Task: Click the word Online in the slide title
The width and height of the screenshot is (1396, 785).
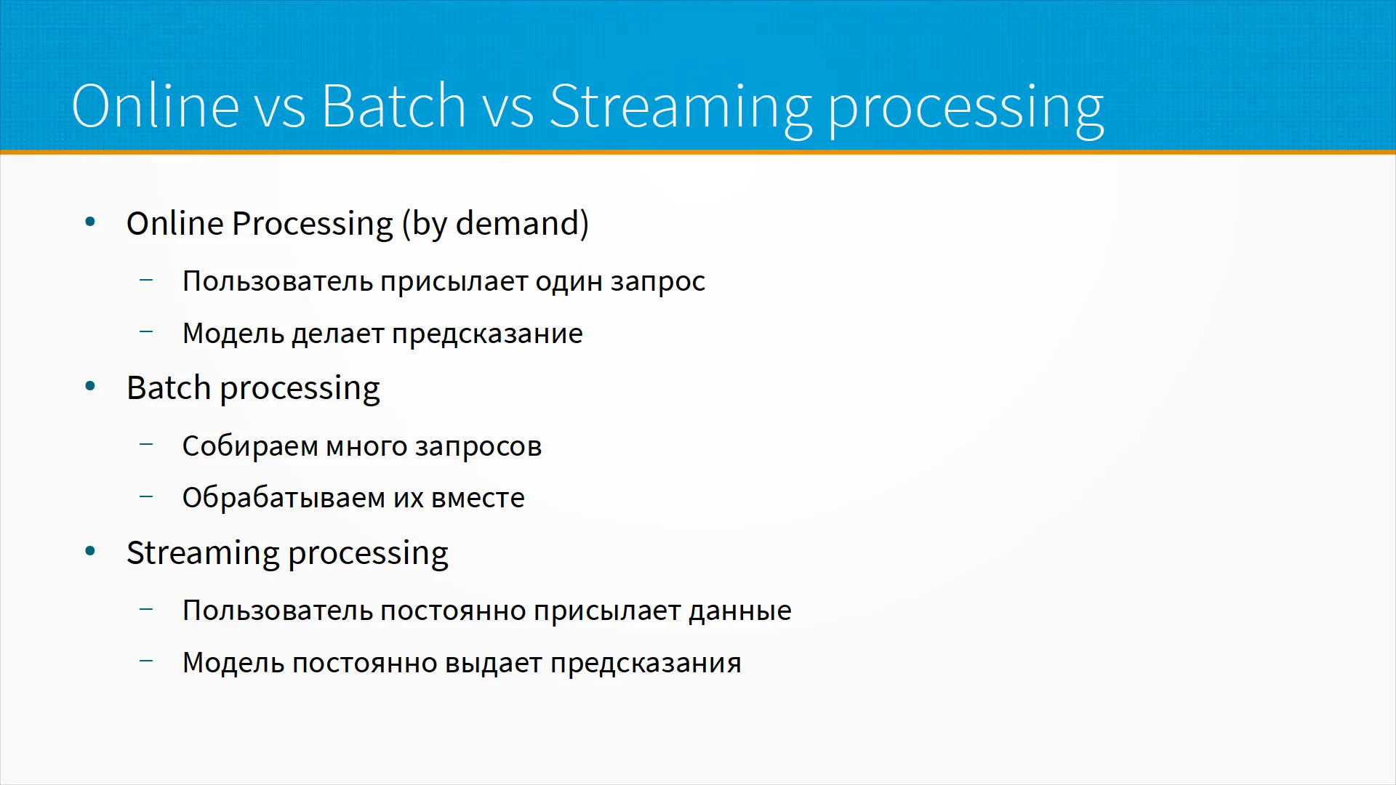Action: tap(156, 105)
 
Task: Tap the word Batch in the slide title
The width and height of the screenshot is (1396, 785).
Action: tap(393, 105)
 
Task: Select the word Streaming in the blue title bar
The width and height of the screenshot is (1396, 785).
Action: tap(681, 109)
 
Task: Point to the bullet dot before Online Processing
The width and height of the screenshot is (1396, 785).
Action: tap(90, 222)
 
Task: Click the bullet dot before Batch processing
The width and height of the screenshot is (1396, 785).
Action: tap(90, 387)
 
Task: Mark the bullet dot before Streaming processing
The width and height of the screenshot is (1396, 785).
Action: tap(90, 552)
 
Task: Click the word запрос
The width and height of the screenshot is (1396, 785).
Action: tap(658, 282)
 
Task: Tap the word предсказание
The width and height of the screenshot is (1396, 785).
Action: tap(487, 334)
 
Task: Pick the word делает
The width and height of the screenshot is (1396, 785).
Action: tap(338, 334)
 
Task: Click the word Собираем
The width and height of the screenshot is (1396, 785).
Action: tap(250, 446)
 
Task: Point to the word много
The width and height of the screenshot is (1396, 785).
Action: tap(366, 446)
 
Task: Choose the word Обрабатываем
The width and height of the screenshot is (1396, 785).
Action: tap(284, 498)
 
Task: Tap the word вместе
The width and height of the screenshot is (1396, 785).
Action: tap(478, 499)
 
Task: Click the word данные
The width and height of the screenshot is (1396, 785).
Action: tap(740, 611)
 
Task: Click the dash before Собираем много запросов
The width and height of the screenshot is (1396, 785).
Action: tap(146, 443)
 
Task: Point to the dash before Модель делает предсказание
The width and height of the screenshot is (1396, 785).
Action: tap(146, 331)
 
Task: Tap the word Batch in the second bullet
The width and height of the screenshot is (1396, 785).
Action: tap(169, 387)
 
